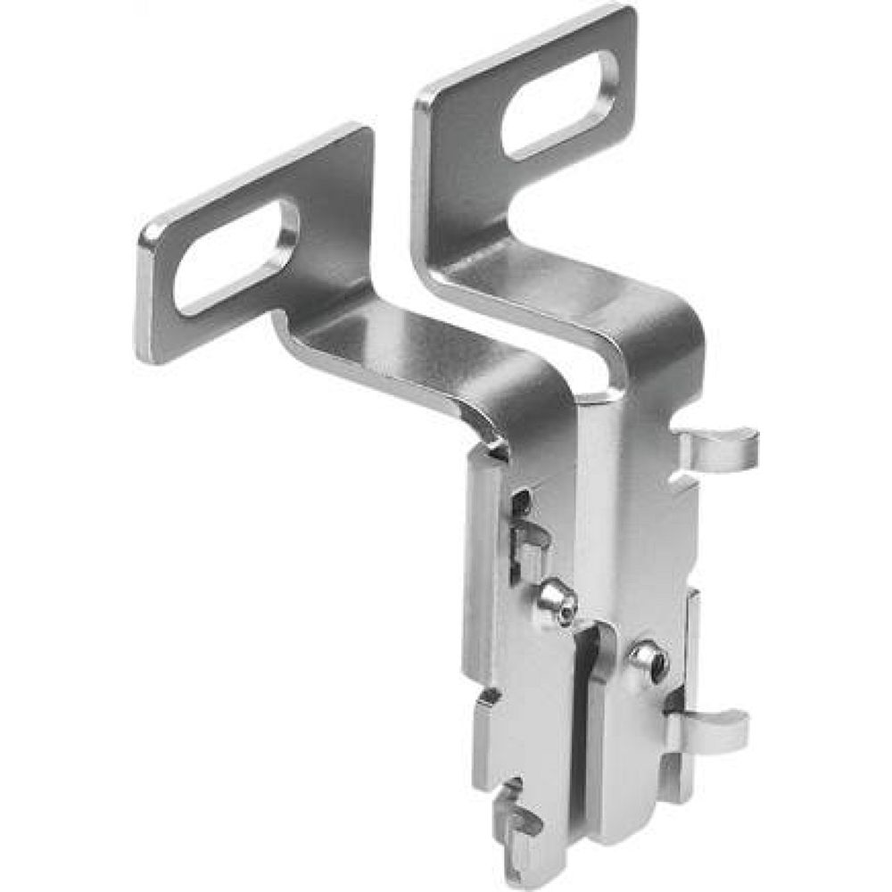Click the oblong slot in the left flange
236,258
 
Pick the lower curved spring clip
714,727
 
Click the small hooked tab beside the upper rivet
525,544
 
